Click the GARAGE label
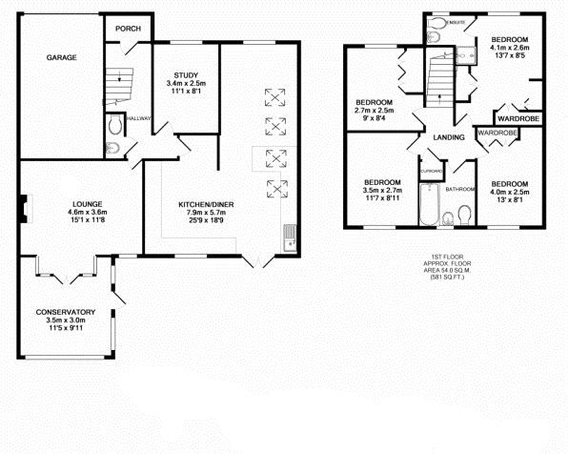[x=62, y=58]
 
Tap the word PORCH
[x=128, y=29]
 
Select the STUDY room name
[x=185, y=75]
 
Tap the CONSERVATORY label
[x=65, y=312]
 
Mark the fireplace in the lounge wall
[x=23, y=204]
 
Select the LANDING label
[x=447, y=138]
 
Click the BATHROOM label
[x=459, y=189]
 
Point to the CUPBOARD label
[x=431, y=171]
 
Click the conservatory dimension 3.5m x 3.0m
[x=65, y=320]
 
